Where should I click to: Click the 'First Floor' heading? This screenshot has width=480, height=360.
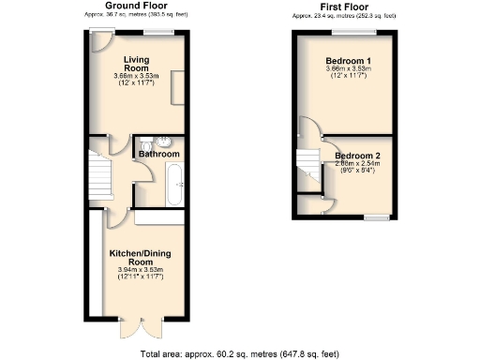343,5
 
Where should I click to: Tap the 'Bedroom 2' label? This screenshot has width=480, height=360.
358,155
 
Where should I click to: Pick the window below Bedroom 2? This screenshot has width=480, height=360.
378,217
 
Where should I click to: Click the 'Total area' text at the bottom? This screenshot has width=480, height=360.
239,353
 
